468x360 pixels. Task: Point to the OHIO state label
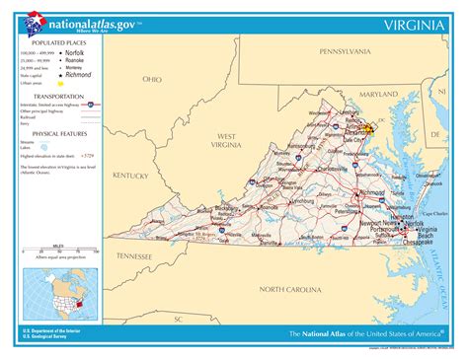point(152,79)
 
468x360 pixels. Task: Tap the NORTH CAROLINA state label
point(290,289)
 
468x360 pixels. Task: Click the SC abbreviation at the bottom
point(179,320)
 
